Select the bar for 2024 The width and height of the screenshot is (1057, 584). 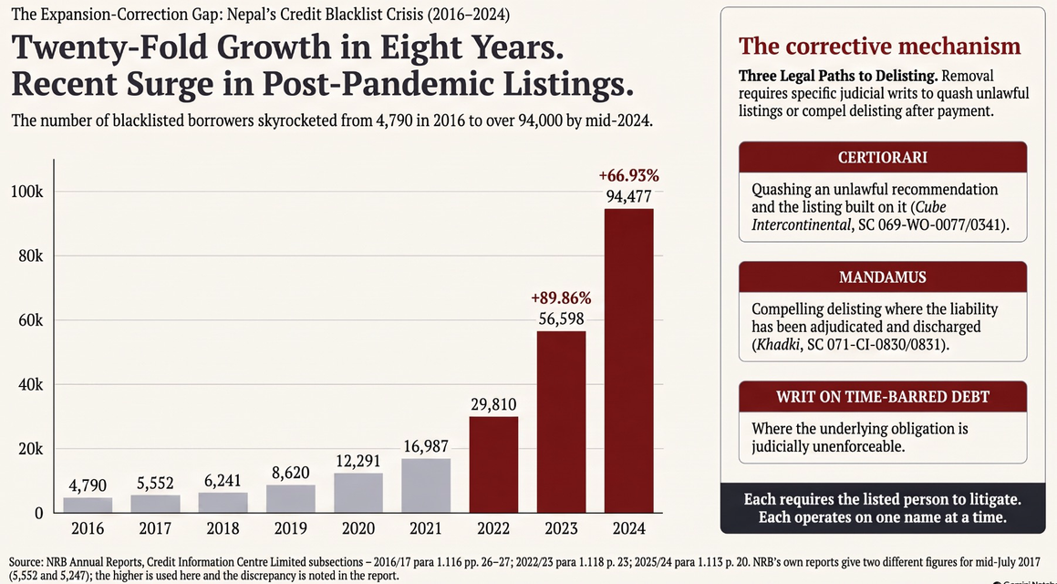coord(628,360)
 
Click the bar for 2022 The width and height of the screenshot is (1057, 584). coord(493,464)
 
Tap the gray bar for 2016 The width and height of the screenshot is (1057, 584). coord(88,506)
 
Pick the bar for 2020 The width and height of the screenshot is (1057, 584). coord(358,493)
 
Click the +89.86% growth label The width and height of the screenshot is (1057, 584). coord(561,298)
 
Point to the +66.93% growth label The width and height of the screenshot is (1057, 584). coord(628,176)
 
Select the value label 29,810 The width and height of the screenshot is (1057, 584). coord(493,404)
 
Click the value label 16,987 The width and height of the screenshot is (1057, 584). coord(426,446)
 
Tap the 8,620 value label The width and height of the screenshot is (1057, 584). coord(291,473)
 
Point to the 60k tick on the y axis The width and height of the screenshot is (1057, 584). coord(30,320)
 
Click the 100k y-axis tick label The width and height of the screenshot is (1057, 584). coord(27,193)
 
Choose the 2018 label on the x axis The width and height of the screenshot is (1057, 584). coord(223,528)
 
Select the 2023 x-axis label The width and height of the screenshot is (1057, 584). coord(561,528)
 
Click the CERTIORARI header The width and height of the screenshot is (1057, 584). coord(883,157)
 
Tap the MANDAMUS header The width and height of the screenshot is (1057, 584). coord(883,277)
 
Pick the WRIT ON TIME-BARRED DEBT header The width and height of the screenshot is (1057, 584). coord(883,397)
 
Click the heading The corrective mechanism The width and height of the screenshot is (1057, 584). coord(880,46)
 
